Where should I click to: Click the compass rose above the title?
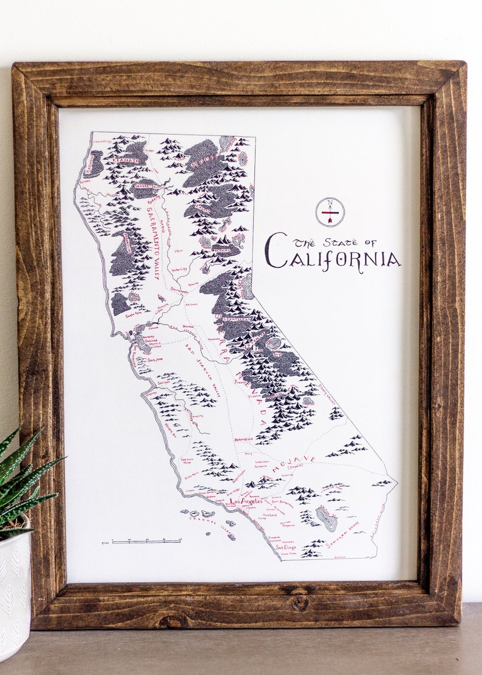pyautogui.click(x=330, y=211)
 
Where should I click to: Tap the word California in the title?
pyautogui.click(x=333, y=258)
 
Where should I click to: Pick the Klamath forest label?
pyautogui.click(x=124, y=161)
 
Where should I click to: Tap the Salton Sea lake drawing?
pyautogui.click(x=326, y=518)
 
